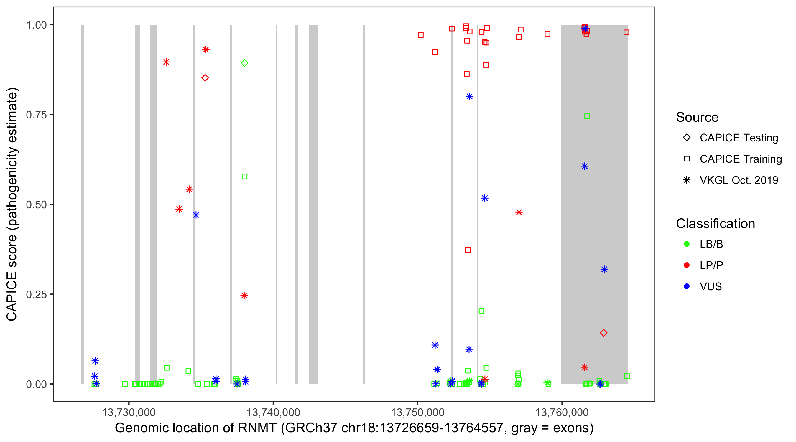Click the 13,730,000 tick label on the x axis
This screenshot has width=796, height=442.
coord(129,412)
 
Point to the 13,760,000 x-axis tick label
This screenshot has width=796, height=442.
coord(562,412)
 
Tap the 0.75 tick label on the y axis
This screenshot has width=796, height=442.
coord(36,115)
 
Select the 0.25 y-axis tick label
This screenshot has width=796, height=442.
coord(36,294)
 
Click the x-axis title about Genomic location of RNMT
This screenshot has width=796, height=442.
coord(354,428)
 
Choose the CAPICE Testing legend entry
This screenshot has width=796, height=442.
coord(739,138)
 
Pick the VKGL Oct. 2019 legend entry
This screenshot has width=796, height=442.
coord(739,180)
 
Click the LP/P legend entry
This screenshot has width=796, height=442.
coord(711,265)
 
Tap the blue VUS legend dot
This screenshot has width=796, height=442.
coord(687,286)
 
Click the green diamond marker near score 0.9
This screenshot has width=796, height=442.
coord(244,63)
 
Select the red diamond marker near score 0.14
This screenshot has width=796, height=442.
coord(603,333)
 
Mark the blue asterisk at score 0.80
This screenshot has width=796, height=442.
coord(469,97)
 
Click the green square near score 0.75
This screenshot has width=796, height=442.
coord(587,116)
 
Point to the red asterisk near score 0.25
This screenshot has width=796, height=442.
coord(244,296)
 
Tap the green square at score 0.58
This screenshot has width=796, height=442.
coord(244,177)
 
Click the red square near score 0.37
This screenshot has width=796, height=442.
coord(468,250)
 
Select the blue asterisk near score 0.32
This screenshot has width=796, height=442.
coord(604,270)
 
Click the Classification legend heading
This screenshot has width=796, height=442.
coord(715,224)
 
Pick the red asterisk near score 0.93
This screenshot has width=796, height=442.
coord(206,50)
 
